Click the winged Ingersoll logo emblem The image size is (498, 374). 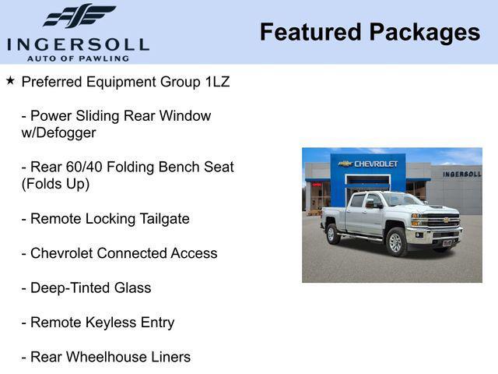coord(79,16)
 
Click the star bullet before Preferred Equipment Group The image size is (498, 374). coord(10,80)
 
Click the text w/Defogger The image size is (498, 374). coord(58,132)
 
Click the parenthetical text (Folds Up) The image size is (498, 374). coord(55,184)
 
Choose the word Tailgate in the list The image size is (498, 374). coord(160,219)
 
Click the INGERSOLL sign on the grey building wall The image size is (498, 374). coord(461,174)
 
